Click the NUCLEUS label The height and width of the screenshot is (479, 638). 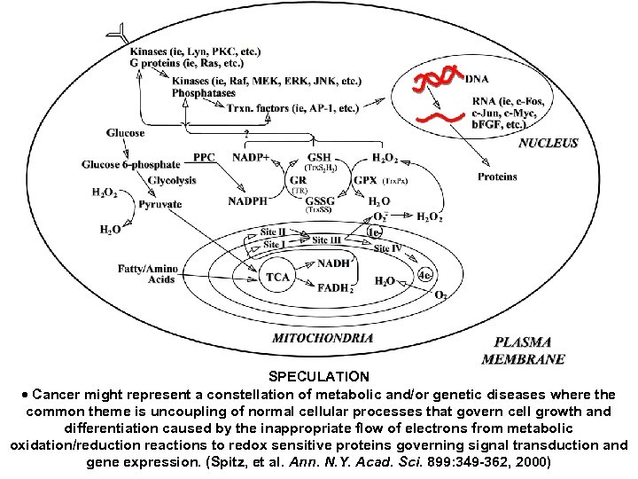click(x=548, y=143)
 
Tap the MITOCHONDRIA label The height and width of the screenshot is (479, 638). click(x=323, y=337)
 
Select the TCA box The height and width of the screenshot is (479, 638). click(x=277, y=278)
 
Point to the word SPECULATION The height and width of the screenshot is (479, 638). click(x=319, y=377)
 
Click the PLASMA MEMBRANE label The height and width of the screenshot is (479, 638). click(x=523, y=350)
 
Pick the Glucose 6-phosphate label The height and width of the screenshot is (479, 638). click(x=144, y=165)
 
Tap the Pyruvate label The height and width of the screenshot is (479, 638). click(x=159, y=204)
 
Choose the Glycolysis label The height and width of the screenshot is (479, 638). click(x=173, y=180)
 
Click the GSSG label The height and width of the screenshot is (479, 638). click(x=320, y=200)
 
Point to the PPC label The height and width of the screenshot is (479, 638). click(x=204, y=157)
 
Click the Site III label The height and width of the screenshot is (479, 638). click(x=327, y=239)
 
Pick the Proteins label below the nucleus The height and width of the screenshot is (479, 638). click(x=497, y=177)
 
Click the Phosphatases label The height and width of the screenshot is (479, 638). click(x=204, y=93)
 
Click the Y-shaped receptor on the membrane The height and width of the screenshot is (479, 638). click(x=114, y=35)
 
